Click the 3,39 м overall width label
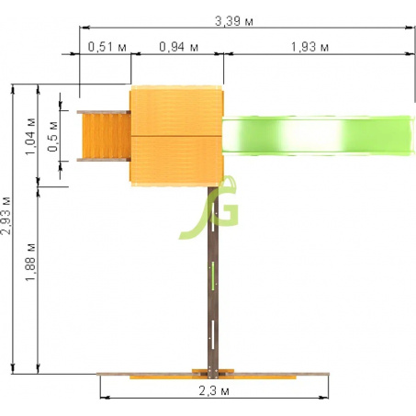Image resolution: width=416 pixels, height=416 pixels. click(x=234, y=21)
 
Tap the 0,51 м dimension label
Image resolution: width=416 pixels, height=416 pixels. click(x=107, y=47)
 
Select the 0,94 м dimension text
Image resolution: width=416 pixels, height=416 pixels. click(x=179, y=47)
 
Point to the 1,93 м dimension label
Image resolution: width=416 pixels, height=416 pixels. click(x=309, y=47)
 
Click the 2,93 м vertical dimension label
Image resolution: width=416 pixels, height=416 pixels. click(x=6, y=216)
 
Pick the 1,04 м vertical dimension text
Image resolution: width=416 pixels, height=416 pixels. click(x=31, y=136)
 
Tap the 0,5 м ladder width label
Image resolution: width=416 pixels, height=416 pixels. click(x=52, y=137)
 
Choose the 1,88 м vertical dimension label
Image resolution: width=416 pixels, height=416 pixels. click(x=31, y=262)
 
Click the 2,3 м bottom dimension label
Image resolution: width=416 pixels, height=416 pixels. click(x=214, y=391)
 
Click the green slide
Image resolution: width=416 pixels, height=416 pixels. click(x=318, y=136)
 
